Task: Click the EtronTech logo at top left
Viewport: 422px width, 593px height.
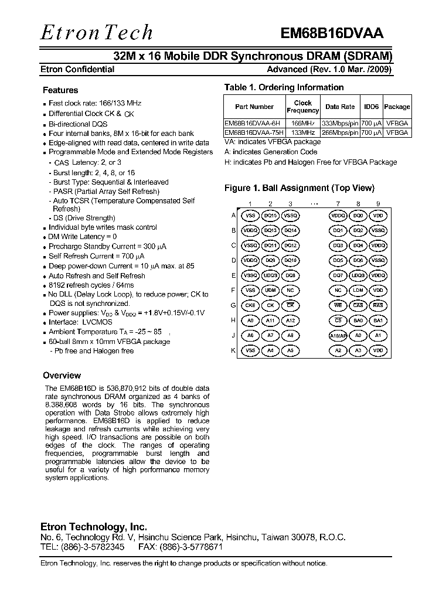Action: click(96, 32)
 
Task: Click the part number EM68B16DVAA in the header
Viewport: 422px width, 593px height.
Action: click(331, 34)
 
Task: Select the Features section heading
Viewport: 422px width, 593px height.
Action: click(60, 90)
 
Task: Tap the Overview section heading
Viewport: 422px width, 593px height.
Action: click(62, 376)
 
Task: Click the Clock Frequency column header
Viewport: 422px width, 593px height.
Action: click(302, 107)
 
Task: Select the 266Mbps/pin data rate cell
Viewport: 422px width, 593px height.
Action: click(340, 133)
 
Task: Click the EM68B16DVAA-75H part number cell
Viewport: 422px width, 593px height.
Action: click(254, 133)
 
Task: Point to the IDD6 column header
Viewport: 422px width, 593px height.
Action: click(371, 107)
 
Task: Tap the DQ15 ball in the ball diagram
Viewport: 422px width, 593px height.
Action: click(270, 216)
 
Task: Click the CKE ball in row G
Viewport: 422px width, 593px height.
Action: click(250, 305)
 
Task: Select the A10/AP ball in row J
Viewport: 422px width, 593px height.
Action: click(338, 335)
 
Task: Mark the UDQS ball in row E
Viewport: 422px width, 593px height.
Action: click(270, 275)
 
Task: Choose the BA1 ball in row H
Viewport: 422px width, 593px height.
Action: click(378, 321)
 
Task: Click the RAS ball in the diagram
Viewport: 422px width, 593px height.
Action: click(378, 305)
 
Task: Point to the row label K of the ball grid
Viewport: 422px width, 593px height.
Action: click(233, 350)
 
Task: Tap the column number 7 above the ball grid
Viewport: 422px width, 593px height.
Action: click(338, 204)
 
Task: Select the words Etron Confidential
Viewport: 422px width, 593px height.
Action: click(77, 69)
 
